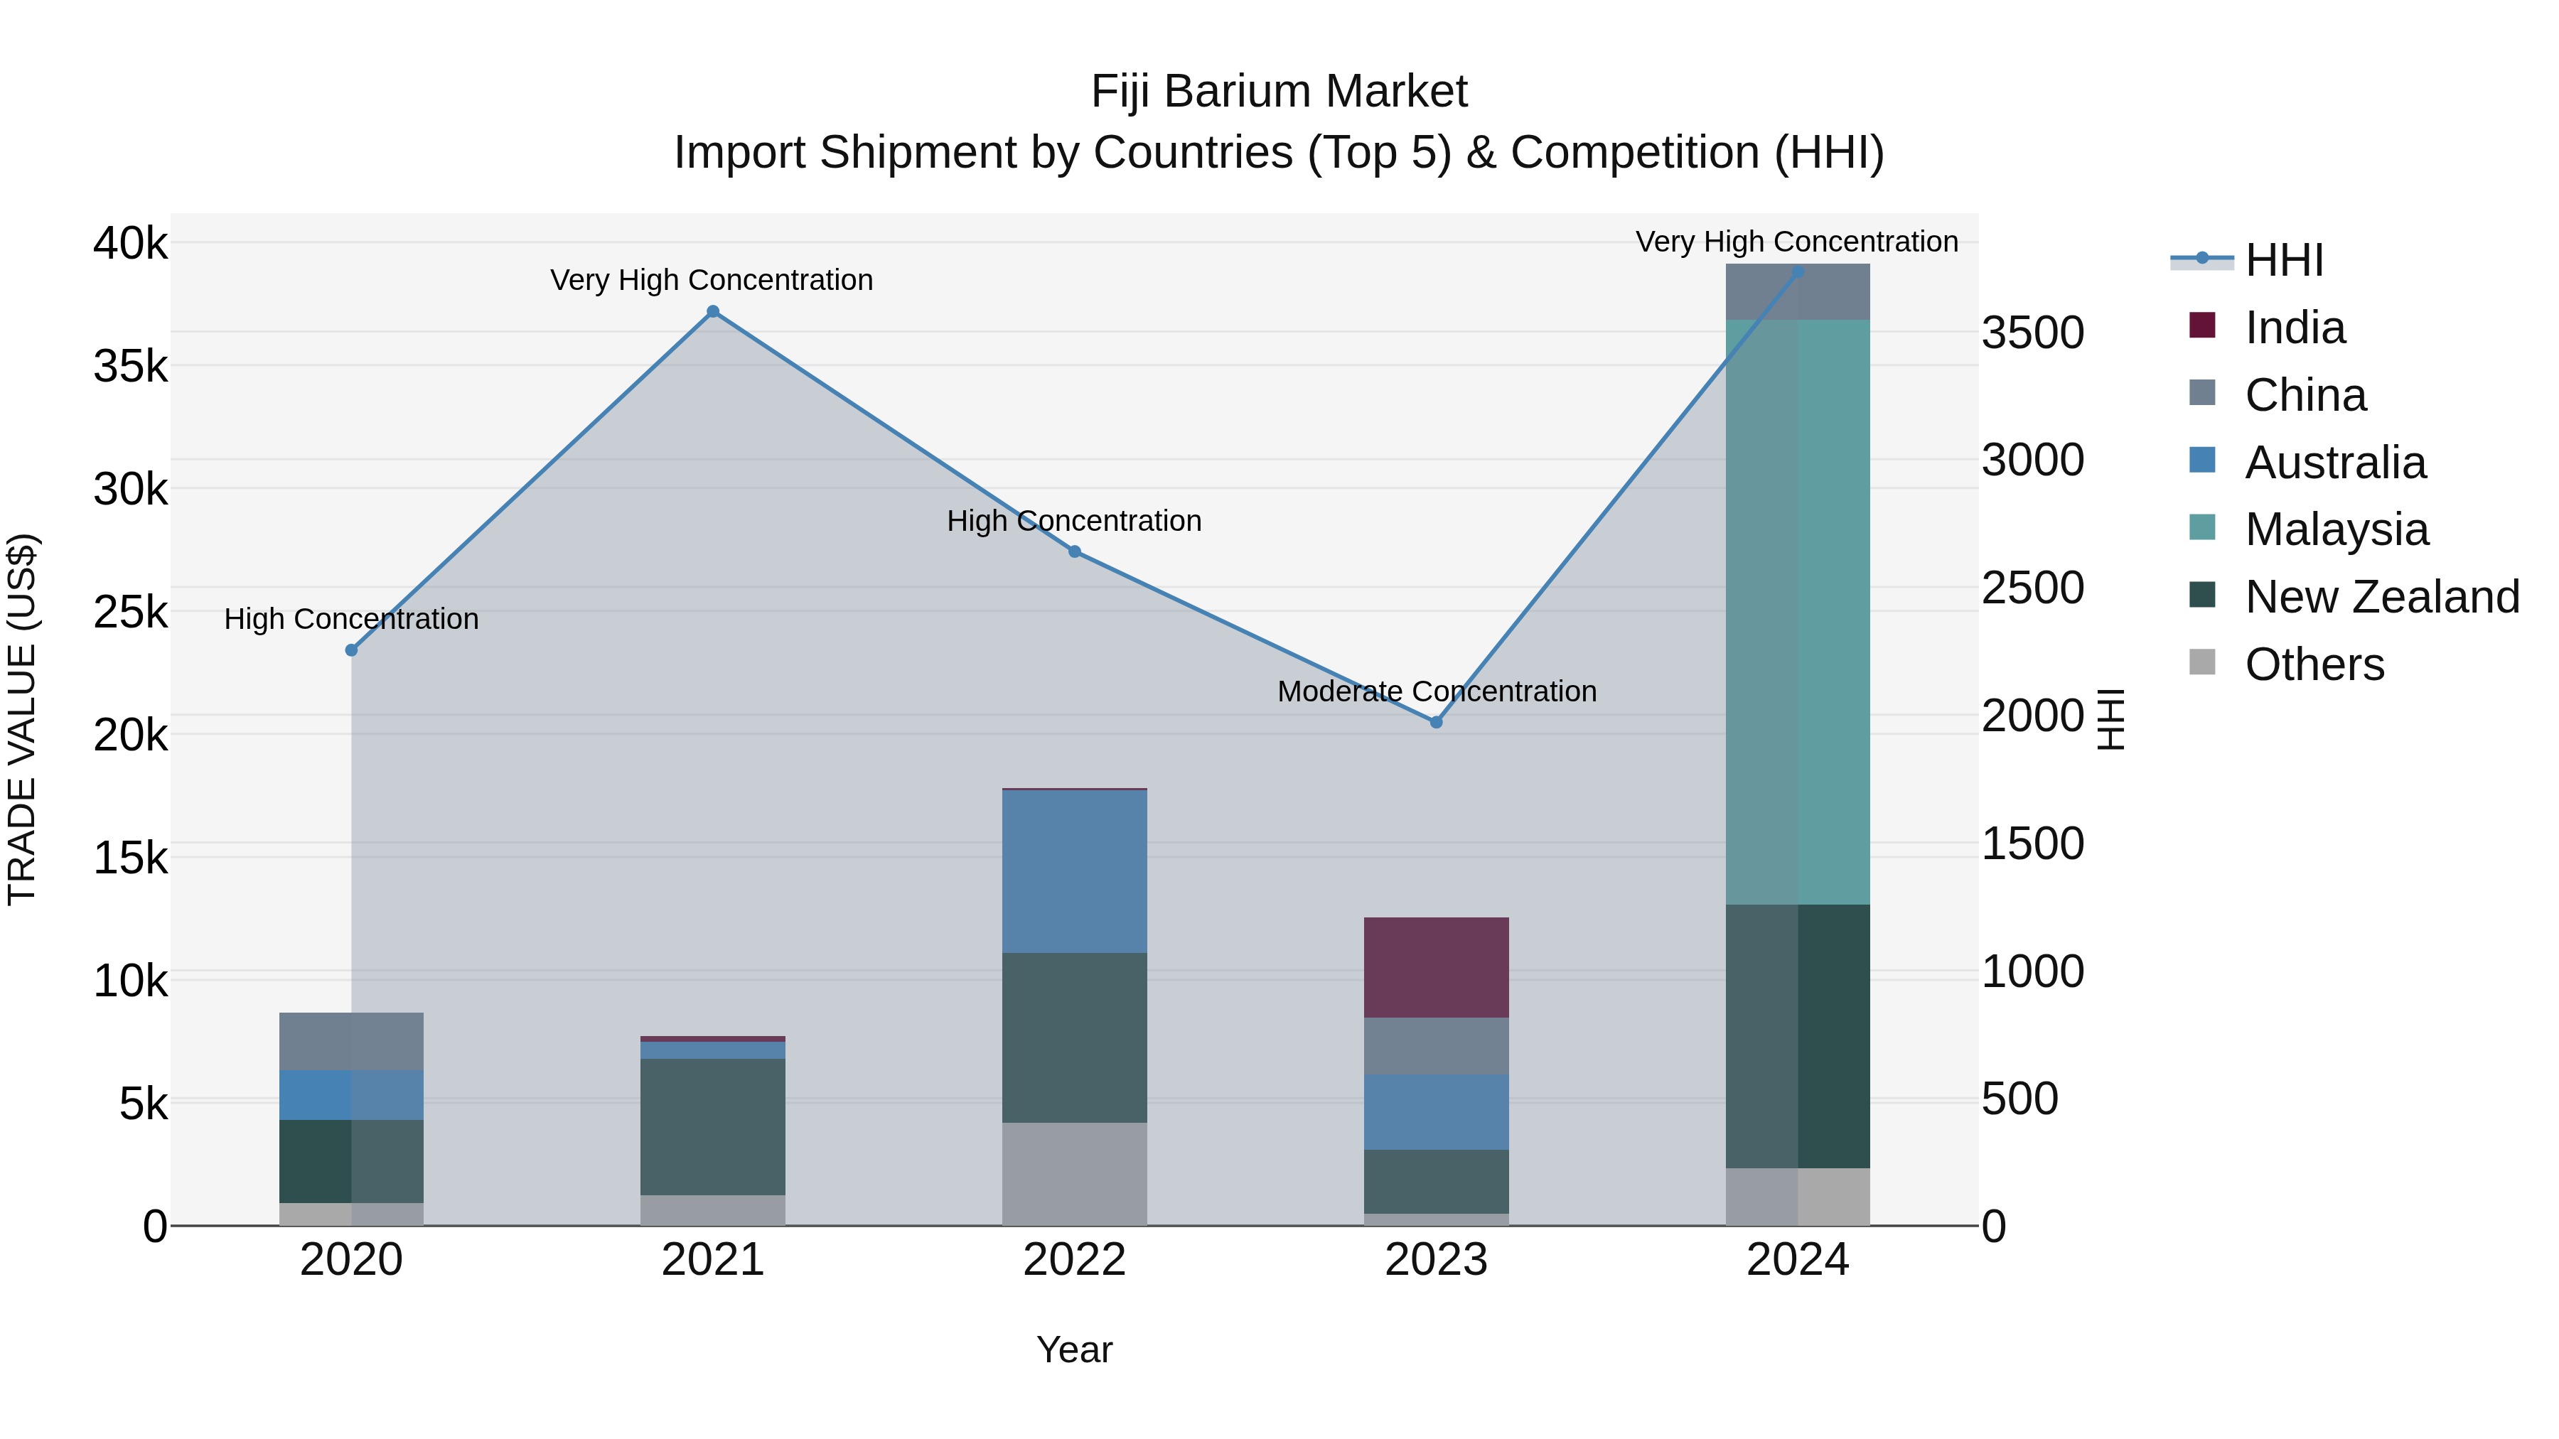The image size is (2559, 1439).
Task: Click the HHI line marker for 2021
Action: point(712,312)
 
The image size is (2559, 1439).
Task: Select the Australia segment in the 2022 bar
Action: point(1074,871)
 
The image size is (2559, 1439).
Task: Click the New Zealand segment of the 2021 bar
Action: point(712,1126)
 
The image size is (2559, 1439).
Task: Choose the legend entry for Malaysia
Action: point(2336,529)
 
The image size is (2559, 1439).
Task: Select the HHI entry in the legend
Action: point(2282,260)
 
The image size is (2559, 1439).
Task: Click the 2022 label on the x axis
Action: point(1074,1260)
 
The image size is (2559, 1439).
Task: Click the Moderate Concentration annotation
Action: point(1437,691)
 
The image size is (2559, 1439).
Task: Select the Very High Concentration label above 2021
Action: point(712,280)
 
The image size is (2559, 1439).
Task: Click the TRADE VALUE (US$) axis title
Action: point(22,719)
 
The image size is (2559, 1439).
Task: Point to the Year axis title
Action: point(1074,1349)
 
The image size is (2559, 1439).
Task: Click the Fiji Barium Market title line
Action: point(1279,92)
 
